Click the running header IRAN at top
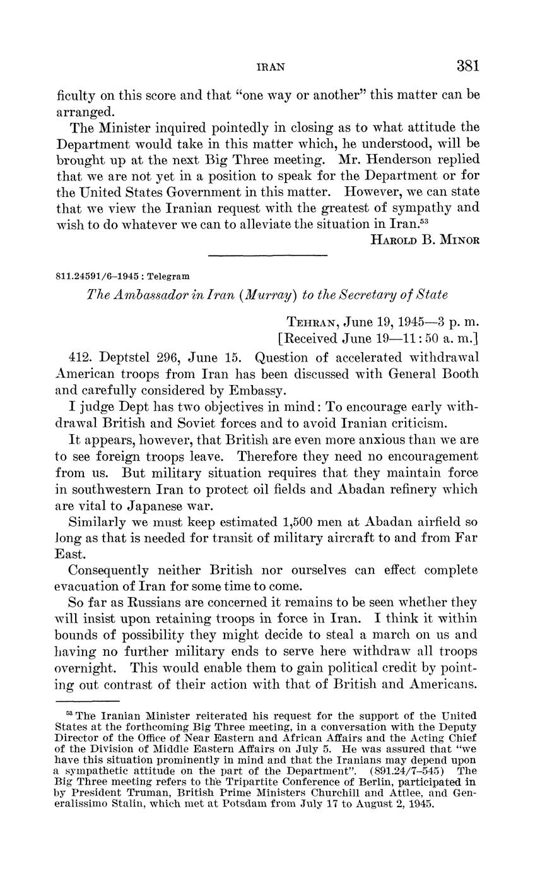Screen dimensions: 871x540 point(272,66)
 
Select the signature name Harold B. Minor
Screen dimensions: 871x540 point(420,240)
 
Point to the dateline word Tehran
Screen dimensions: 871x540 point(313,320)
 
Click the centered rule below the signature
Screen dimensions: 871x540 point(267,255)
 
